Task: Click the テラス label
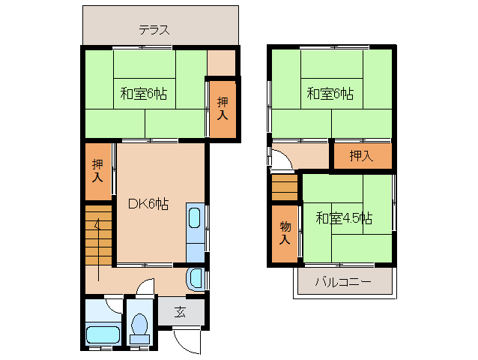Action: pos(154,31)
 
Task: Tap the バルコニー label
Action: pos(342,282)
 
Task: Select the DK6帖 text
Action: pos(148,204)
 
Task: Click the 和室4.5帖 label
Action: pos(343,218)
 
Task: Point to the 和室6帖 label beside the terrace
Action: pos(143,94)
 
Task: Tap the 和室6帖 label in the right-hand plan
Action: pos(330,94)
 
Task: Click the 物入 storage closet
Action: pos(285,232)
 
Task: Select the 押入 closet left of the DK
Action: pos(97,171)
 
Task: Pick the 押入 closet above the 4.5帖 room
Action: pos(362,156)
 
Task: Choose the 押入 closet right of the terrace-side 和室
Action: pos(223,109)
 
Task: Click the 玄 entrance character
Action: pos(181,312)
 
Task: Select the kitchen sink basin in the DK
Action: pos(195,218)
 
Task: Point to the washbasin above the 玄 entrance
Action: pos(196,279)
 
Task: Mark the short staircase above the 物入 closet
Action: pos(285,187)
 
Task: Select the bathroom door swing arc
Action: pos(115,304)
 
